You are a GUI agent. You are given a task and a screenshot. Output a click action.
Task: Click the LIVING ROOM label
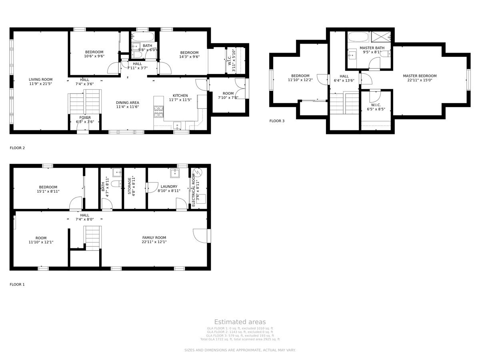pyautogui.click(x=40, y=79)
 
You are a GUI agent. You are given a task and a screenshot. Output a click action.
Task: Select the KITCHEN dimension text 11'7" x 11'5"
pyautogui.click(x=180, y=100)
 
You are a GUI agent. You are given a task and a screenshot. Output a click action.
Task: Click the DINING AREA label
pyautogui.click(x=127, y=102)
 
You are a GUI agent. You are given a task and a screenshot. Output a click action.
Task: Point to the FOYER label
pyautogui.click(x=85, y=118)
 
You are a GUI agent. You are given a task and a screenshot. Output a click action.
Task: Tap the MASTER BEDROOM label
pyautogui.click(x=420, y=76)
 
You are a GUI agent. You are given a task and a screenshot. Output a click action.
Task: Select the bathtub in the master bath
pyautogui.click(x=359, y=37)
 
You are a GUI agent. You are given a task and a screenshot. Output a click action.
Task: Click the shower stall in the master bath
pyautogui.click(x=380, y=37)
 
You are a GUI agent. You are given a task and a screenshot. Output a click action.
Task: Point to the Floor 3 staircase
pyautogui.click(x=344, y=103)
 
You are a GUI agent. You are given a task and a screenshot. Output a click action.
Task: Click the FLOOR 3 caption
pyautogui.click(x=277, y=121)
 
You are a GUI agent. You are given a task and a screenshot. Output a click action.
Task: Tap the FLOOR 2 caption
pyautogui.click(x=17, y=148)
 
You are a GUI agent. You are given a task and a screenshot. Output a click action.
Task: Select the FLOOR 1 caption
pyautogui.click(x=17, y=284)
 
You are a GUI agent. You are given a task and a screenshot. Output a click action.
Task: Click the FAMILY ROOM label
pyautogui.click(x=154, y=238)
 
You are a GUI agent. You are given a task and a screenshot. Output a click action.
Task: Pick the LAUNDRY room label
pyautogui.click(x=169, y=186)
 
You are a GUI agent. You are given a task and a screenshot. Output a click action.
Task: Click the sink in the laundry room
pyautogui.click(x=175, y=173)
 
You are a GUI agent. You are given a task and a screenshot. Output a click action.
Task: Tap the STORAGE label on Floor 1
pyautogui.click(x=130, y=186)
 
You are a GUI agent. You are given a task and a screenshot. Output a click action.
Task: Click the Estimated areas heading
pyautogui.click(x=240, y=322)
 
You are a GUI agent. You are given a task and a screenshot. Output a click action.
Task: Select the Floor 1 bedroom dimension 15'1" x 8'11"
pyautogui.click(x=48, y=191)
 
